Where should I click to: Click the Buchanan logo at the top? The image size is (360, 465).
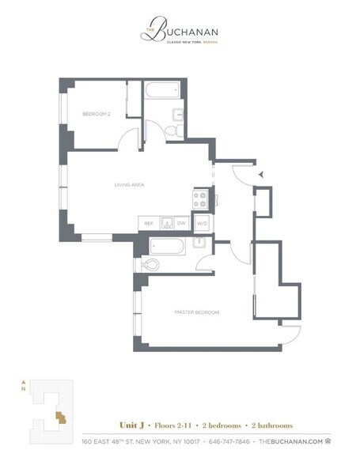[x=180, y=33]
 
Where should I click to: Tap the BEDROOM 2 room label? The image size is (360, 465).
[x=97, y=115]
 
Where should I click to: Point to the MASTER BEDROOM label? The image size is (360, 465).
[x=196, y=312]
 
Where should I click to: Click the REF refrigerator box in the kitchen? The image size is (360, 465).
[x=148, y=224]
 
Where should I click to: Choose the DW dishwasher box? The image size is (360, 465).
[x=180, y=224]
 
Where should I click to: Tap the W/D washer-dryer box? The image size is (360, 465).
[x=201, y=224]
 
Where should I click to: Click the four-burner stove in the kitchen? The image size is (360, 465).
[x=201, y=198]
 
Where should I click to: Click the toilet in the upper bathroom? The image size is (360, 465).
[x=178, y=129]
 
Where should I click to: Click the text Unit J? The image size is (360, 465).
[x=131, y=425]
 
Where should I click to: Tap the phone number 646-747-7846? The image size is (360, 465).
[x=230, y=440]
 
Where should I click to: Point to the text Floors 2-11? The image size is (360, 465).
[x=172, y=425]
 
